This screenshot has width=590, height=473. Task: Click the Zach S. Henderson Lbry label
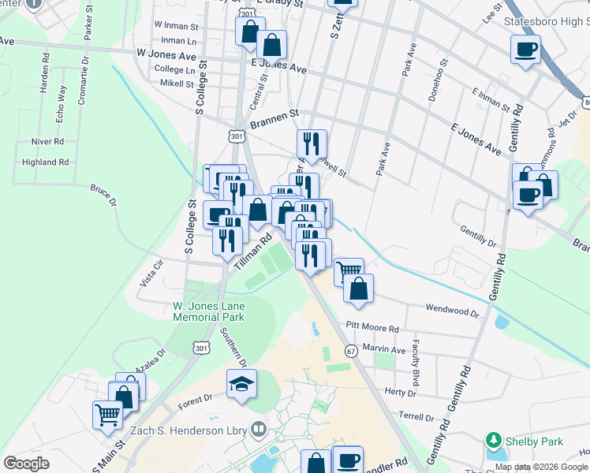200,430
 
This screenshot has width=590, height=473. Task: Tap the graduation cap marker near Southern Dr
242,384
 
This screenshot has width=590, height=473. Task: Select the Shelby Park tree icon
495,438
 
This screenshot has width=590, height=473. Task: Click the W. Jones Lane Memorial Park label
209,311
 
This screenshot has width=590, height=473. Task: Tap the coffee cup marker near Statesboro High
525,50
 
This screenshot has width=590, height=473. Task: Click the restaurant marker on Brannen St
312,143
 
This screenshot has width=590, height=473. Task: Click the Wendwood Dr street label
452,311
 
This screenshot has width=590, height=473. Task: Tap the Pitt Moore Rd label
372,328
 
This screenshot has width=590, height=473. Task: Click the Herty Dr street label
400,392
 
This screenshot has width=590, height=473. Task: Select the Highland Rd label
46,162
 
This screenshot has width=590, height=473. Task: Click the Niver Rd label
48,141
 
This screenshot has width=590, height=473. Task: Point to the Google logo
26,463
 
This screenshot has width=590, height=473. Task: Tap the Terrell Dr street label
416,417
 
